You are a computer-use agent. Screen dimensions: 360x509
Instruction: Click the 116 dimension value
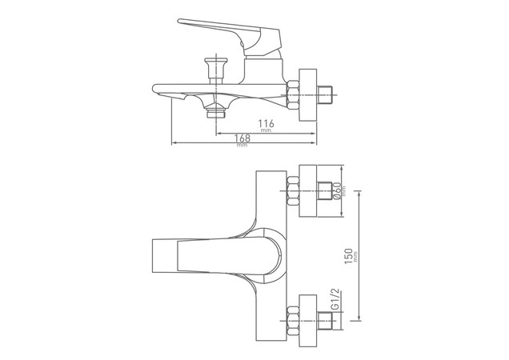[x=267, y=123]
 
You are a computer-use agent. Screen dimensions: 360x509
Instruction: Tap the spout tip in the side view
[x=157, y=88]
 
